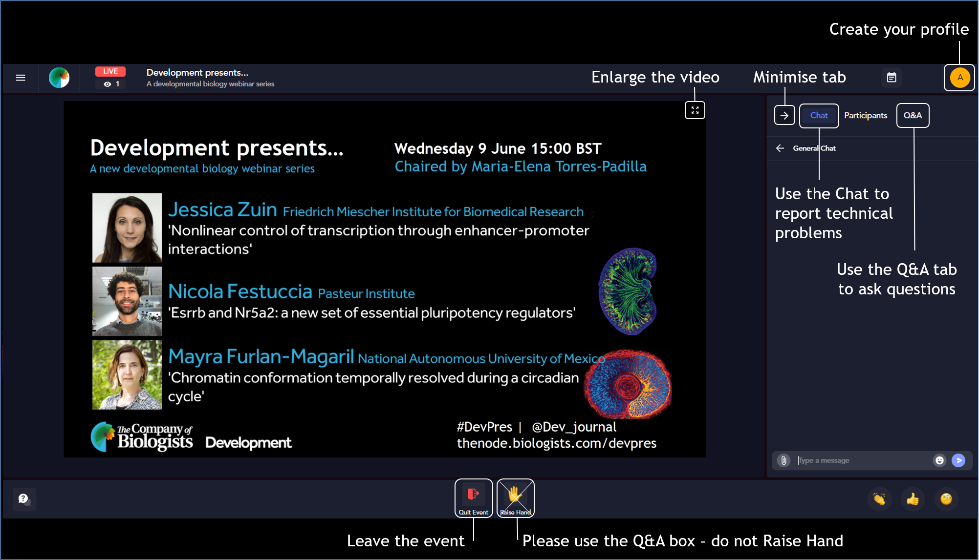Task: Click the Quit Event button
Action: (473, 498)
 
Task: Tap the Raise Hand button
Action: (515, 498)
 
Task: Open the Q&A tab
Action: (913, 116)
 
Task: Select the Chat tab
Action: (819, 116)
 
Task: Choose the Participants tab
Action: (866, 116)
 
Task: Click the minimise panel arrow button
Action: (784, 116)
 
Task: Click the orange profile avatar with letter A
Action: (960, 78)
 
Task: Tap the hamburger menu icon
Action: (21, 78)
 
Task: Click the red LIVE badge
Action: (110, 71)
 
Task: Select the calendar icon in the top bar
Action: (892, 78)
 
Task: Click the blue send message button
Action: (958, 460)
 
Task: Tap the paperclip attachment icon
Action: (783, 460)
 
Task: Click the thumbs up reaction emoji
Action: (913, 499)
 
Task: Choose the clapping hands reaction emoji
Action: (879, 499)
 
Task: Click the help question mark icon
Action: (24, 499)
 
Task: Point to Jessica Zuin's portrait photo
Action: (127, 228)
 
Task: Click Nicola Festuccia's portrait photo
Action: (127, 301)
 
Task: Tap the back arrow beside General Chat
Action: (780, 148)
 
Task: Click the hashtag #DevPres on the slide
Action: (484, 427)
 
